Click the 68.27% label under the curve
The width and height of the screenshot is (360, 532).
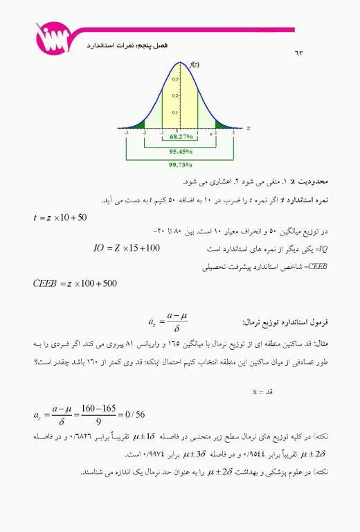pos(181,137)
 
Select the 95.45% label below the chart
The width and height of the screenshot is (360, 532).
pos(181,151)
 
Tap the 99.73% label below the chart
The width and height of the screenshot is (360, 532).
pos(181,166)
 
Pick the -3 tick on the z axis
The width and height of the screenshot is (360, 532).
pos(127,133)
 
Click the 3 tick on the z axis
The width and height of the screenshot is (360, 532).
pos(233,133)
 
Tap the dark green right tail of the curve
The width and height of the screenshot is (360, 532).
pos(222,125)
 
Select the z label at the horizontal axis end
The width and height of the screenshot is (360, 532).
pos(247,128)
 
